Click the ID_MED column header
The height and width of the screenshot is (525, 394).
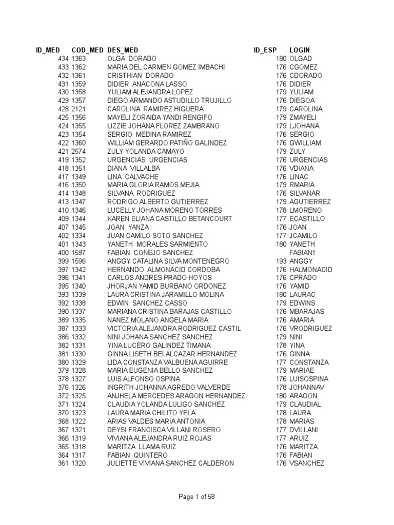click(47, 50)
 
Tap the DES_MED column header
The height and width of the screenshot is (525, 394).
click(123, 50)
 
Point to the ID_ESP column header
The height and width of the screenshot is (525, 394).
click(265, 50)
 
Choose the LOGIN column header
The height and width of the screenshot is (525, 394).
click(300, 50)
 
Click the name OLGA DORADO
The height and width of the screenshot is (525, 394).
click(132, 59)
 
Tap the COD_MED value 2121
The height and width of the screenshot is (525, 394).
click(79, 109)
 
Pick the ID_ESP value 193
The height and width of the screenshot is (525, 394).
click(281, 261)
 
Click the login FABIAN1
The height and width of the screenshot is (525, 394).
click(302, 253)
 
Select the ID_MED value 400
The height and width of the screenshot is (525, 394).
click(63, 253)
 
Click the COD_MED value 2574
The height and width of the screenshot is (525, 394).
click(79, 152)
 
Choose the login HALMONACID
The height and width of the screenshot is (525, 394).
click(311, 270)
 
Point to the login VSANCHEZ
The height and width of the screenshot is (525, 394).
click(307, 463)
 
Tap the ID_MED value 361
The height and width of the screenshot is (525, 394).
click(63, 463)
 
